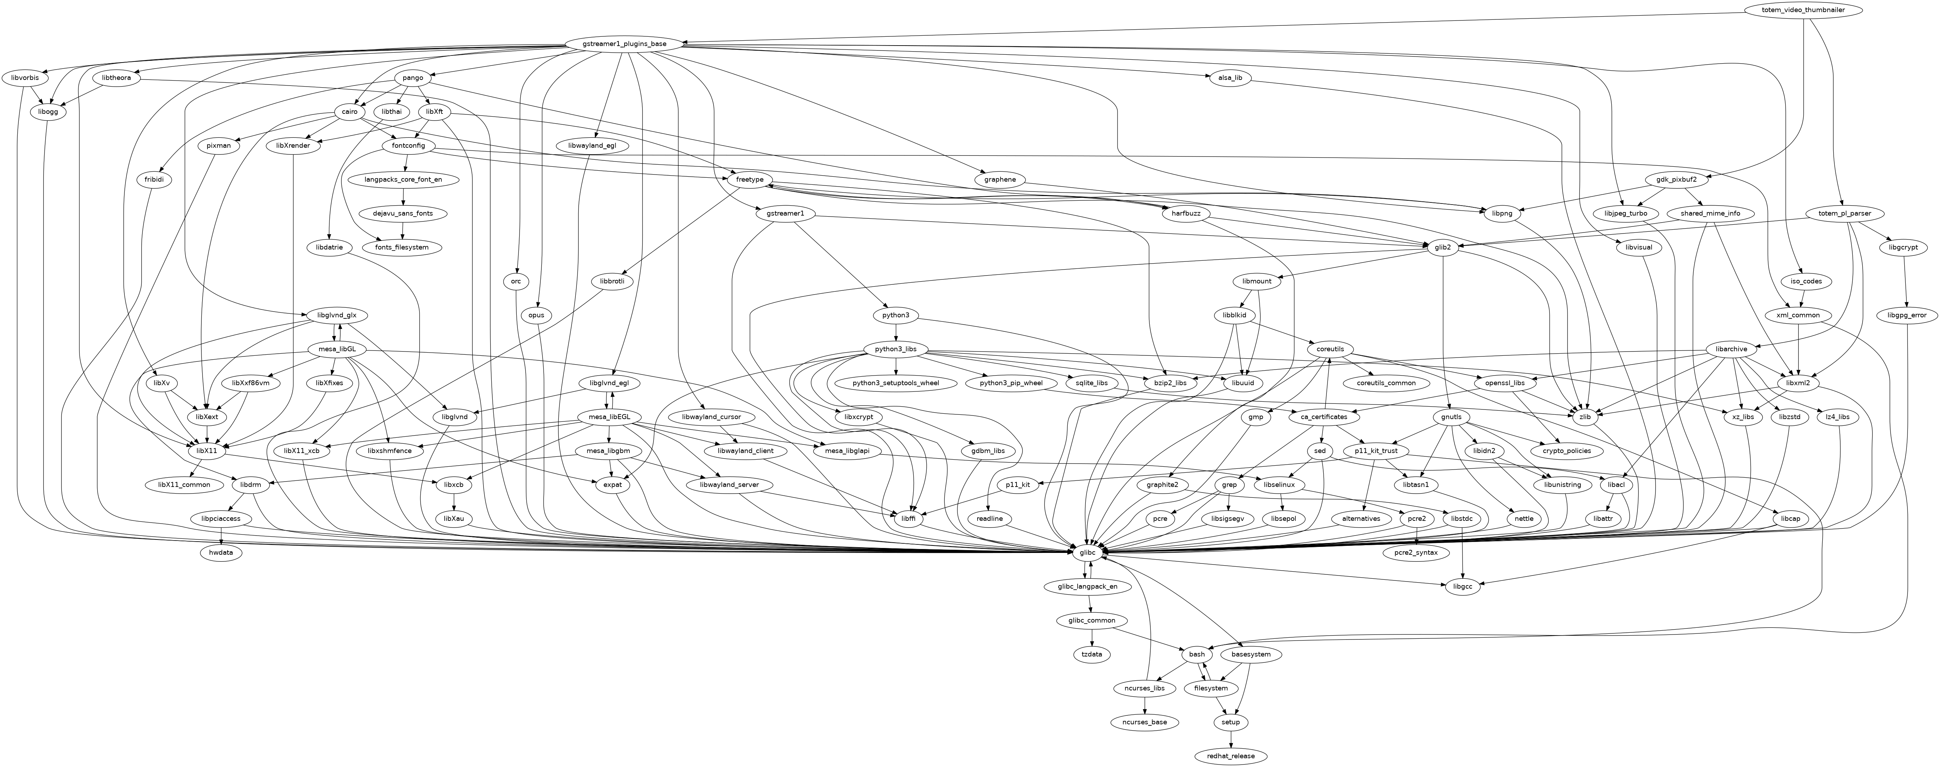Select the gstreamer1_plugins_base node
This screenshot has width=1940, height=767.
tap(624, 44)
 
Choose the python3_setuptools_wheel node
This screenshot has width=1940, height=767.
tap(896, 383)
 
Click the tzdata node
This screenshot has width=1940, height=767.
tap(1092, 654)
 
